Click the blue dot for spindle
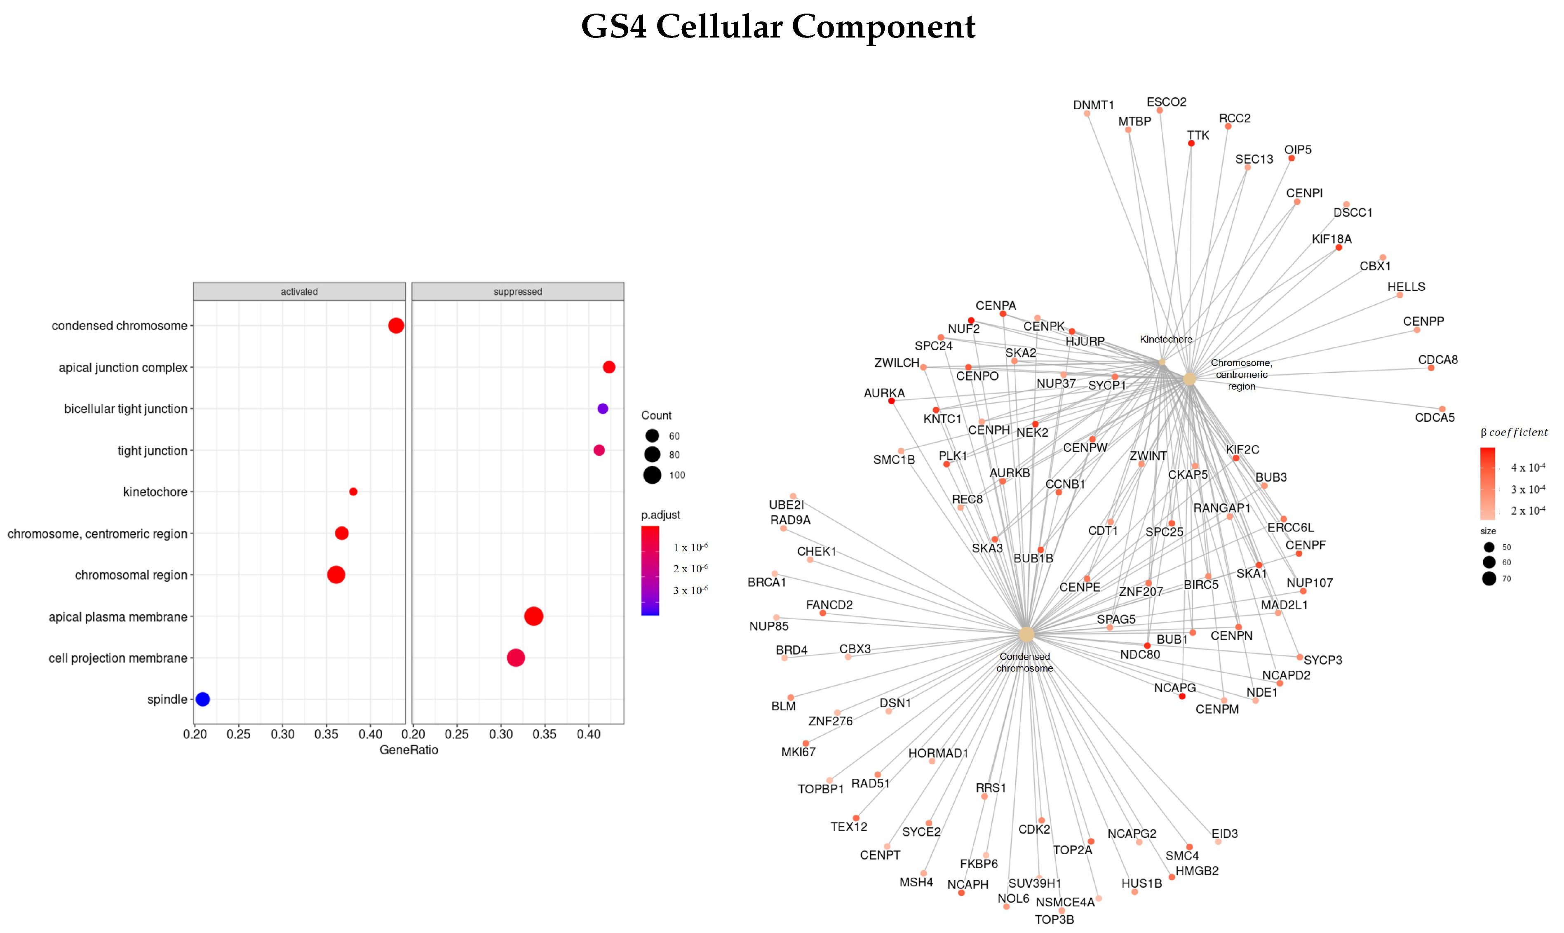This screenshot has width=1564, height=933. (202, 699)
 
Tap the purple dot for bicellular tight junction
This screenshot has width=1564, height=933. (602, 409)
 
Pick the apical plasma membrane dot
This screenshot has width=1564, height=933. (533, 616)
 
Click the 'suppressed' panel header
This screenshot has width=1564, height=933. (517, 292)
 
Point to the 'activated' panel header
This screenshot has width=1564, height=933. (299, 292)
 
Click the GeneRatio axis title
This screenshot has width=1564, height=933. (409, 750)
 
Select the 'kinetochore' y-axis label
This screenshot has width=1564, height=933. (155, 491)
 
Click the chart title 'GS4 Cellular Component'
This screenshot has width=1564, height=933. (777, 27)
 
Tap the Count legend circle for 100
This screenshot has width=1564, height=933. (652, 475)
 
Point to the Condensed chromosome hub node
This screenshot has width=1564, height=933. (1026, 635)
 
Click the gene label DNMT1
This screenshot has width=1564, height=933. (1093, 105)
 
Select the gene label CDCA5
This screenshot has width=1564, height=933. (1435, 418)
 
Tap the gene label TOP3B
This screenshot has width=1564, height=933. (1054, 919)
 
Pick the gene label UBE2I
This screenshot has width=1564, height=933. (786, 505)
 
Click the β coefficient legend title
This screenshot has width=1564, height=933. (1514, 432)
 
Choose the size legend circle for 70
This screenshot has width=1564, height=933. (1489, 578)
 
